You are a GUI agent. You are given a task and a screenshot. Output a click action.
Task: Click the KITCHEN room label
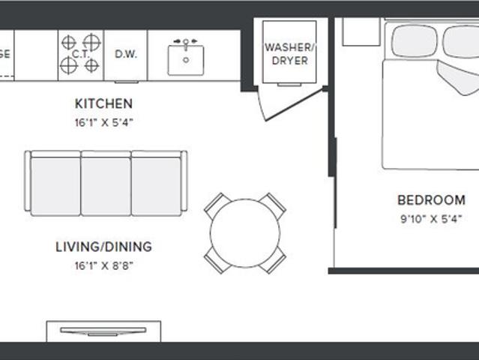[x=103, y=103]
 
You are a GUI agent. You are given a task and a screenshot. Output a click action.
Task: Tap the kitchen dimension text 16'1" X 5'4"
[x=103, y=121]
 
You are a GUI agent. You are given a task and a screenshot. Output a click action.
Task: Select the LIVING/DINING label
[x=103, y=246]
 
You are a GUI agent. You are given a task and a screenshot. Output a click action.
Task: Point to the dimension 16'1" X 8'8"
[x=103, y=265]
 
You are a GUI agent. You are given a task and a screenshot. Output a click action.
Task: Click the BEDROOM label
[x=431, y=200]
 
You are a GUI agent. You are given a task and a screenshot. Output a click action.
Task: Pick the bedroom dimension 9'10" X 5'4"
[x=431, y=220]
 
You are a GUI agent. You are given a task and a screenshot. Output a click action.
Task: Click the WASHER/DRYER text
[x=290, y=54]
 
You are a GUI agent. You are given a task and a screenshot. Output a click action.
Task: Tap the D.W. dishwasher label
[x=125, y=55]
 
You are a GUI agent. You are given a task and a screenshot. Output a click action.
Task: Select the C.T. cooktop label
[x=80, y=55]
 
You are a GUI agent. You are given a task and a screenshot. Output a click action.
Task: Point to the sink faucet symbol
[x=185, y=42]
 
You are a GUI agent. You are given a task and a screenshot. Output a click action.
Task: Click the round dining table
[x=245, y=232]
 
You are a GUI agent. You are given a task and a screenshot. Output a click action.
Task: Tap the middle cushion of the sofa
[x=106, y=184]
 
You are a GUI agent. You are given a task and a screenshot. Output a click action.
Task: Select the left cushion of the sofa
[x=55, y=184]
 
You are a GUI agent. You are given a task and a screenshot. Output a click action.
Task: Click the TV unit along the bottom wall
[x=103, y=331]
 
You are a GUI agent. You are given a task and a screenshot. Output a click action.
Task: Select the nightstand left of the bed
[x=361, y=31]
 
